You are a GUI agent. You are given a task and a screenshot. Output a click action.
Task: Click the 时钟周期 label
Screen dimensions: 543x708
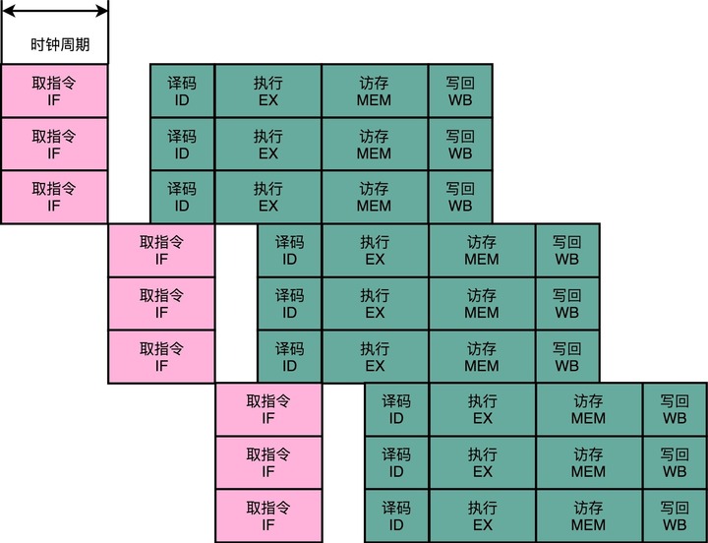click(x=53, y=44)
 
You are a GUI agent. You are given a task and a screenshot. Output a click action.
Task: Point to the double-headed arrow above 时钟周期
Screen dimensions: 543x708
click(x=54, y=11)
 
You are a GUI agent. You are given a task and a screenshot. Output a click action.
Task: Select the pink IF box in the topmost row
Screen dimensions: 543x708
click(x=53, y=91)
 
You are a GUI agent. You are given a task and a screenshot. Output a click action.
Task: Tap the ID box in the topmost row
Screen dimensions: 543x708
click(x=182, y=91)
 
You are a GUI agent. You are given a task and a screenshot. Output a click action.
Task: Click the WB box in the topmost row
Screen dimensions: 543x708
click(x=460, y=91)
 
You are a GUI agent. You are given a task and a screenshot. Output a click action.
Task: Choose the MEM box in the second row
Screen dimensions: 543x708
click(x=374, y=145)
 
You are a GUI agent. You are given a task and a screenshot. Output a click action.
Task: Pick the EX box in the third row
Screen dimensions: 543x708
click(x=268, y=198)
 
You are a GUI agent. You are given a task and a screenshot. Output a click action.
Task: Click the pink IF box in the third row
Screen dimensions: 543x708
click(x=53, y=198)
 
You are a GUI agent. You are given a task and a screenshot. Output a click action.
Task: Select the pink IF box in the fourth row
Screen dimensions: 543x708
click(x=161, y=251)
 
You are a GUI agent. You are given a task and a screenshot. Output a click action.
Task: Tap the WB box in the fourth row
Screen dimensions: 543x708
click(x=567, y=251)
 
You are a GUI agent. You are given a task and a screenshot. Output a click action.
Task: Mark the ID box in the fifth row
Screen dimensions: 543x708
click(x=289, y=304)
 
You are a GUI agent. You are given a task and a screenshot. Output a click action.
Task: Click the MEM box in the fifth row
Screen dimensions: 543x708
click(x=482, y=304)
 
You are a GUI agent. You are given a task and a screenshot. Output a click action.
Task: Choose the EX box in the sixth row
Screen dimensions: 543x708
click(x=375, y=357)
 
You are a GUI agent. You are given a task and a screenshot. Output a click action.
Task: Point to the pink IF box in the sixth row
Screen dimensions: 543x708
click(x=161, y=357)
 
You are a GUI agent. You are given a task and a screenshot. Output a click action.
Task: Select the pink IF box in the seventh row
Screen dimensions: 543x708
click(x=268, y=410)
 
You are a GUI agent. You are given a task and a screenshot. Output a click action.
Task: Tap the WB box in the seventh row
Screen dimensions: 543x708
click(x=675, y=410)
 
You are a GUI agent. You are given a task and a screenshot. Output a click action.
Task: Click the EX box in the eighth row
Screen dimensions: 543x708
click(x=482, y=463)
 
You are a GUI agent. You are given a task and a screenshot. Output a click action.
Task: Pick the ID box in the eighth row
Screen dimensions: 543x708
click(x=396, y=463)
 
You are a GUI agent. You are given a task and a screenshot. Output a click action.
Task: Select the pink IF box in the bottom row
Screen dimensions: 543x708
click(x=268, y=516)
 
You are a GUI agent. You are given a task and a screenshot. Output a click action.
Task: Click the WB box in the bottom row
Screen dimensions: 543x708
click(x=675, y=516)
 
